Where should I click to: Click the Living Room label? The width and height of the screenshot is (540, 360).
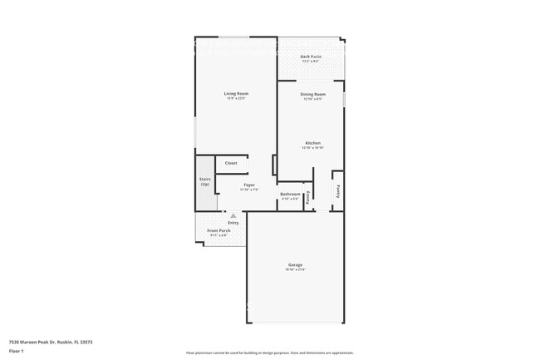coord(236,93)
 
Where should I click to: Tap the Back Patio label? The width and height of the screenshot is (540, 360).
coord(312,56)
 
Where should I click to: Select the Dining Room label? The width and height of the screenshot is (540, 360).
coord(313,94)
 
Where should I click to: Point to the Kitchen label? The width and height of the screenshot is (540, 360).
coord(313,143)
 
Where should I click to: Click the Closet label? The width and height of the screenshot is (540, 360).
coord(231,163)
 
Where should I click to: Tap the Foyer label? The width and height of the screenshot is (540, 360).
coord(249,185)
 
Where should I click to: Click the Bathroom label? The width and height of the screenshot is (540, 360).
coord(290,195)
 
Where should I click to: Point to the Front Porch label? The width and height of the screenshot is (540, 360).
coord(218,230)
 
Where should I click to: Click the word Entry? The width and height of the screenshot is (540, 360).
coord(233,222)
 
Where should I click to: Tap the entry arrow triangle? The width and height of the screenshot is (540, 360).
coord(233,215)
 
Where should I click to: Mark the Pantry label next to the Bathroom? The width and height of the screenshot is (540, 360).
coord(308,197)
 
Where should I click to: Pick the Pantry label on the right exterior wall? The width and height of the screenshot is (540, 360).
coord(338,190)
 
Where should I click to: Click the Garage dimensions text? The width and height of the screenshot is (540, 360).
coord(296,270)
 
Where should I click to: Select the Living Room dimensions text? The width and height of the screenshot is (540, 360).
coord(236,98)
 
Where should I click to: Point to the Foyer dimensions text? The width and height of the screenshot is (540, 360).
coord(249,190)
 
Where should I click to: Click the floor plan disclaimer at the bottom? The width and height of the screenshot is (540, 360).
coord(270,353)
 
